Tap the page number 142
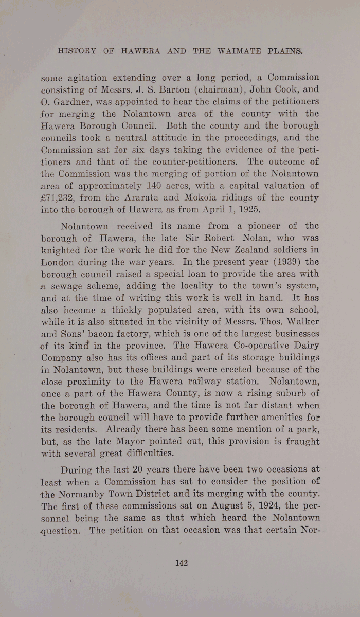(181, 563)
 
